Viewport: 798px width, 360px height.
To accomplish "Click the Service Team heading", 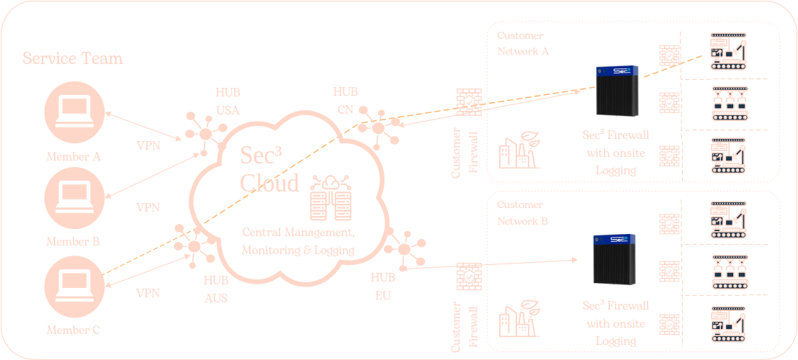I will click(x=73, y=58).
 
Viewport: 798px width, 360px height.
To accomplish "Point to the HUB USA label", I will click(x=228, y=102).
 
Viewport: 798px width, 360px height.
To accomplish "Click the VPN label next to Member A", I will click(x=148, y=145).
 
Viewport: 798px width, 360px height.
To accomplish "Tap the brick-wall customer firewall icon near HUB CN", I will click(x=469, y=102).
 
